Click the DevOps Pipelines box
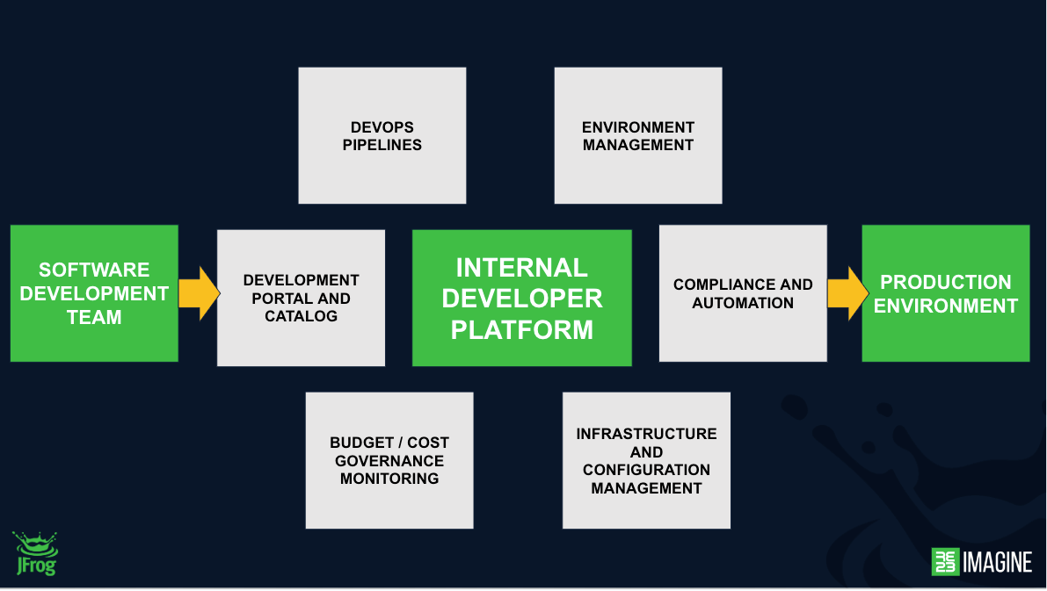(382, 135)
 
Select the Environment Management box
(637, 135)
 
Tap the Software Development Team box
(94, 293)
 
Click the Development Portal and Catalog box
(302, 299)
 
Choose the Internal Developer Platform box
(522, 299)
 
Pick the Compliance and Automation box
(743, 293)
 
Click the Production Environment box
(946, 293)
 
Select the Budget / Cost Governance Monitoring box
(389, 460)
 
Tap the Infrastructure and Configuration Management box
(646, 460)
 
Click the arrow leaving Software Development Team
(199, 293)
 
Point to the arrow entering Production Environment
(848, 293)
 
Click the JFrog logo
(35, 553)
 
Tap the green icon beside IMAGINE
(945, 562)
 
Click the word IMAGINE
(998, 562)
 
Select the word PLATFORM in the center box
(522, 329)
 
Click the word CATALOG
(302, 316)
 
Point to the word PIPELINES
(382, 145)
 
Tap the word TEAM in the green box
(94, 317)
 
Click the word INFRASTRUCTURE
(646, 434)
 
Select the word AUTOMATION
(743, 303)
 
